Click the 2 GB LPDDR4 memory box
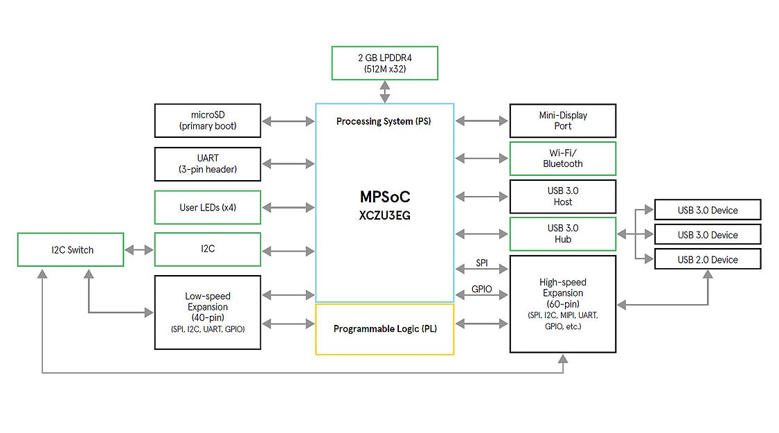pyautogui.click(x=384, y=63)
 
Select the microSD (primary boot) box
pyautogui.click(x=208, y=121)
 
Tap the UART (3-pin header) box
pyautogui.click(x=208, y=164)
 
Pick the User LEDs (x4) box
pyautogui.click(x=208, y=207)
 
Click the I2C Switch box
pyautogui.click(x=71, y=249)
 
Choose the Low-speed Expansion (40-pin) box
pyautogui.click(x=208, y=312)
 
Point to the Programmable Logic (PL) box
pyautogui.click(x=384, y=329)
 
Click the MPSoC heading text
pyautogui.click(x=384, y=197)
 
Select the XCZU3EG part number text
pyautogui.click(x=384, y=215)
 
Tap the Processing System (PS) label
pyautogui.click(x=384, y=121)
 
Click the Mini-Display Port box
pyautogui.click(x=562, y=121)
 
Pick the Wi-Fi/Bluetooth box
pyautogui.click(x=562, y=159)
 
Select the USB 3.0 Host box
pyautogui.click(x=562, y=197)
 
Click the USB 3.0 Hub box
pyautogui.click(x=562, y=234)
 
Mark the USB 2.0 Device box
pyautogui.click(x=708, y=260)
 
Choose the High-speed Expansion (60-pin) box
pyautogui.click(x=562, y=303)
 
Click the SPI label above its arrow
pyautogui.click(x=482, y=263)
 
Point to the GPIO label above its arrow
pyautogui.click(x=482, y=289)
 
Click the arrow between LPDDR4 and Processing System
pyautogui.click(x=384, y=91)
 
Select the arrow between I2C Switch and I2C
pyautogui.click(x=139, y=250)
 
